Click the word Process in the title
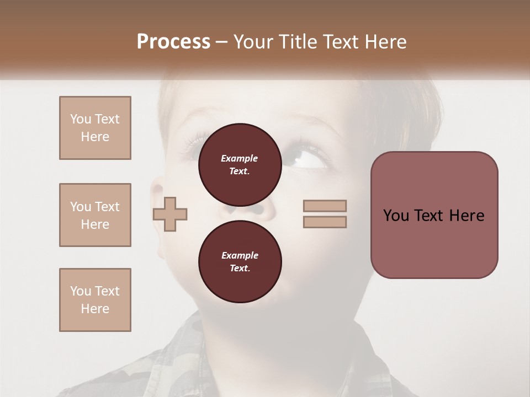click(x=173, y=41)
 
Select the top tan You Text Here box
click(x=95, y=128)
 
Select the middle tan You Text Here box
click(x=95, y=215)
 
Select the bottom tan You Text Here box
click(x=95, y=300)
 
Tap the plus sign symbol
click(x=170, y=214)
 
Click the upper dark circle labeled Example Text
click(x=240, y=164)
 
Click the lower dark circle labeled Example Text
click(x=240, y=261)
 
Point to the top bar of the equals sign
click(x=325, y=206)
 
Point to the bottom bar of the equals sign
click(x=325, y=222)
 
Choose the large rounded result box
click(x=434, y=215)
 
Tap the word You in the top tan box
click(x=80, y=119)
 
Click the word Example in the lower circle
click(x=240, y=255)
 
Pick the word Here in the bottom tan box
click(x=95, y=309)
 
